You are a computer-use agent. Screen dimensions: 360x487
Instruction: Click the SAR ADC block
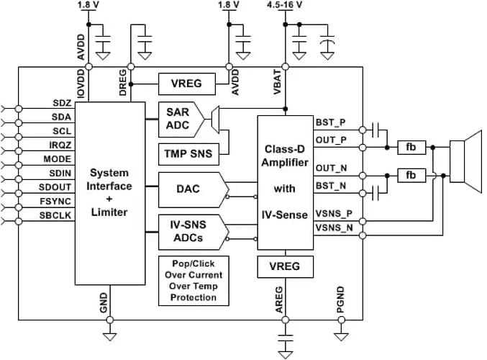[x=178, y=120]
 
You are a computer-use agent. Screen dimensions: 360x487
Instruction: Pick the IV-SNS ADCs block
[x=187, y=230]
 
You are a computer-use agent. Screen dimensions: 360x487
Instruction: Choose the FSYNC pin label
[x=58, y=201]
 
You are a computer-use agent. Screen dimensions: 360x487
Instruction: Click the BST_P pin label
[x=331, y=124]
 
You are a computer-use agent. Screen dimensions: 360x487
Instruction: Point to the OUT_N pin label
[x=331, y=168]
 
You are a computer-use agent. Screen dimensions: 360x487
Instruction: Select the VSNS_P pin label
[x=334, y=215]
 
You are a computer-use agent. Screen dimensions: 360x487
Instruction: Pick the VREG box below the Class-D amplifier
[x=286, y=268]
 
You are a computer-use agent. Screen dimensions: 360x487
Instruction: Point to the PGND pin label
[x=341, y=299]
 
